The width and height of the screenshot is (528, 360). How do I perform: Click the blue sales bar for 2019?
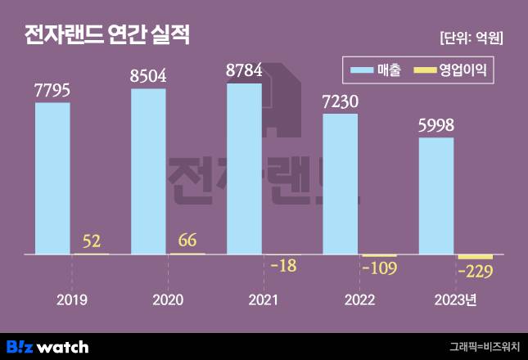pos(52,178)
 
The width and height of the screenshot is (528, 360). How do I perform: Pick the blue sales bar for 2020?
pos(148,172)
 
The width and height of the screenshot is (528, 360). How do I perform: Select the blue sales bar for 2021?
pos(244,169)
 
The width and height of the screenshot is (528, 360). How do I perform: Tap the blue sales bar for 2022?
pos(340,184)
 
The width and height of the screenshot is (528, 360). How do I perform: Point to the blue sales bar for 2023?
pos(435,196)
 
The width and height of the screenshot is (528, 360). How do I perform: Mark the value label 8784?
pos(244,70)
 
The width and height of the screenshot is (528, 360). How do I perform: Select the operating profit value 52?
pos(92,241)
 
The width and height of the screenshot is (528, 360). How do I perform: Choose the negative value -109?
pos(378,268)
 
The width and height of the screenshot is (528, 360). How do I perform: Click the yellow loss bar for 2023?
pos(475,257)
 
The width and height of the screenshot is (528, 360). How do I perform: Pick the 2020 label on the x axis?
pos(168,300)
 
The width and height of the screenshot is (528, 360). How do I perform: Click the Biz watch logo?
pos(47,346)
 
